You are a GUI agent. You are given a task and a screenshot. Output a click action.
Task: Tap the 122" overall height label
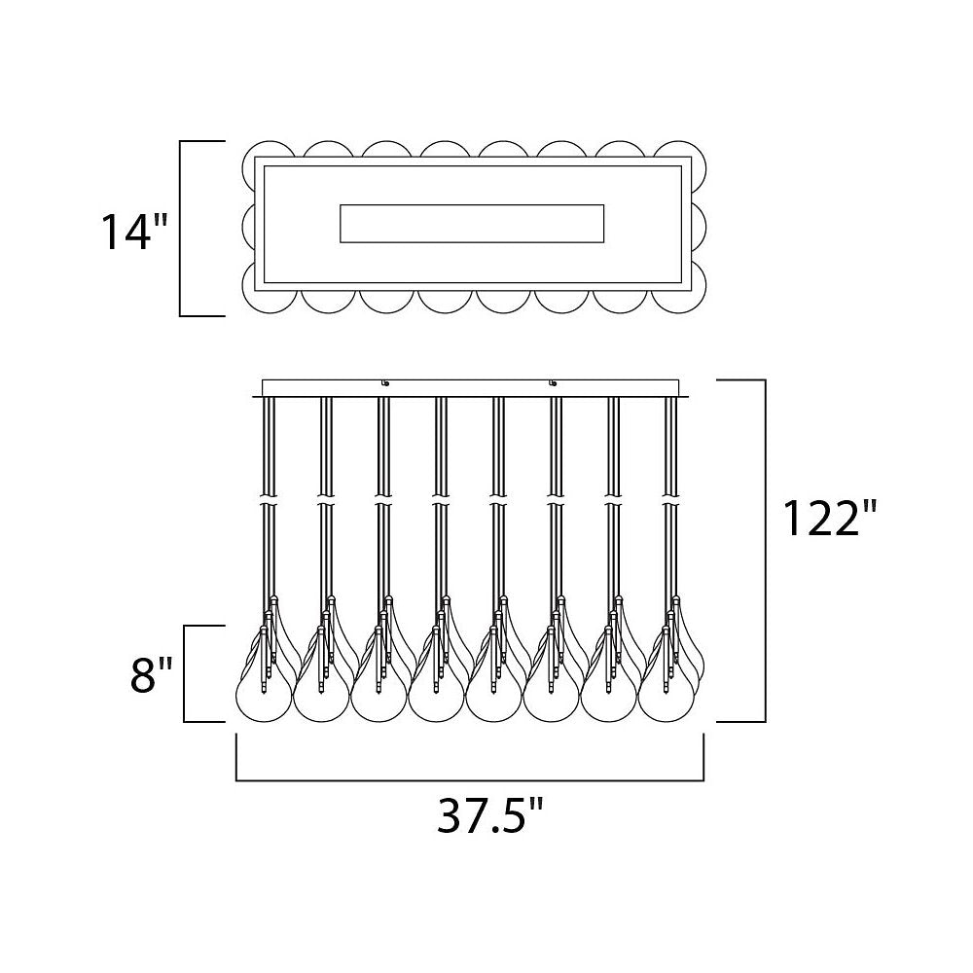click(830, 518)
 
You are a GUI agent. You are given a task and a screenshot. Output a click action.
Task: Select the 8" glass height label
click(151, 674)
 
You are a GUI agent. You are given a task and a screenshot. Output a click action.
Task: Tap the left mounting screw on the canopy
click(385, 382)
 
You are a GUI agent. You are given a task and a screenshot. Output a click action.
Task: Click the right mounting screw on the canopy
click(553, 382)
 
